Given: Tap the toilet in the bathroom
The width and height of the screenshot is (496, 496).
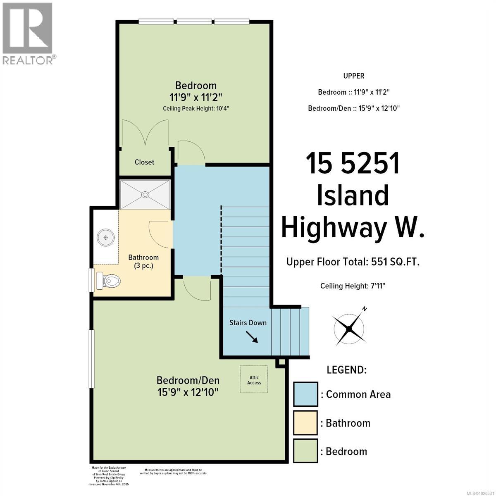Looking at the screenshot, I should point(109,281).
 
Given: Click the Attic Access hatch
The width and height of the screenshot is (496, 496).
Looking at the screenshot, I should point(254,379).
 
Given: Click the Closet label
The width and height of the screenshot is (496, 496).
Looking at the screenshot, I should point(144,162).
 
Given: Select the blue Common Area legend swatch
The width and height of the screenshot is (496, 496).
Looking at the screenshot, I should point(305,394).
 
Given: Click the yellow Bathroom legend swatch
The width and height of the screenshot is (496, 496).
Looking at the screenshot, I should point(305,423).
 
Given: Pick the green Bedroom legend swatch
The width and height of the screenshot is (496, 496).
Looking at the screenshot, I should point(305,451).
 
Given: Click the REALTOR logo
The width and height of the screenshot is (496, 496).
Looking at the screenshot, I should point(28,33).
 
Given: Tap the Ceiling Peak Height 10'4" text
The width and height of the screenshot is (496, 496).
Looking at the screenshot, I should point(196,108).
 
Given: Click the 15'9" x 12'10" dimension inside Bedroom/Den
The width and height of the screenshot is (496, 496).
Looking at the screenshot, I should point(188,391).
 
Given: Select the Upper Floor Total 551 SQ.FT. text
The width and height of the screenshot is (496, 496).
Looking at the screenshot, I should point(353,262).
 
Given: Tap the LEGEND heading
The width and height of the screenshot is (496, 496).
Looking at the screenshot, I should point(346,370).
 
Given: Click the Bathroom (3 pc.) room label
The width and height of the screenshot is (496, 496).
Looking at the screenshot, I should point(143,261).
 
